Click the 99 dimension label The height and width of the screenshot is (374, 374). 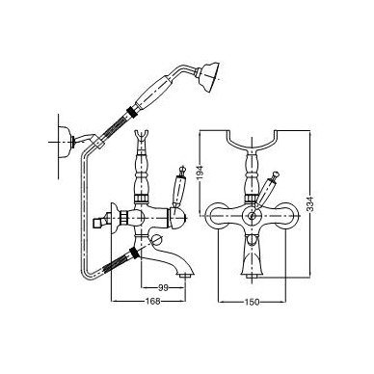[x=163, y=287]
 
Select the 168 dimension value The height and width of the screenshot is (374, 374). [x=153, y=301]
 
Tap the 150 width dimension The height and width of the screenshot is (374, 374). [x=252, y=302]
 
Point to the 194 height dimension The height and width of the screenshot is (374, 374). [x=200, y=174]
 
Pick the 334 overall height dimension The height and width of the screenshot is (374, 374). [x=309, y=203]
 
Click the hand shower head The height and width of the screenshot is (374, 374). [x=210, y=77]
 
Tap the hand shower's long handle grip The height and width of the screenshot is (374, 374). [x=152, y=92]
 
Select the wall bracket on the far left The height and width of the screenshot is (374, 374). [x=67, y=141]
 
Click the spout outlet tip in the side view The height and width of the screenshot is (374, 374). [x=185, y=276]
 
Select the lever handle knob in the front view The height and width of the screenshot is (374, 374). [x=276, y=175]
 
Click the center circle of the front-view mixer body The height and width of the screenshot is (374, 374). [x=253, y=216]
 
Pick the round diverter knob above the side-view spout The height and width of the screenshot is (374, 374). [x=157, y=239]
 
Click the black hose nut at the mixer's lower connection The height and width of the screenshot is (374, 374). [x=134, y=253]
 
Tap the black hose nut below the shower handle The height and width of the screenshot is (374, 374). [x=131, y=111]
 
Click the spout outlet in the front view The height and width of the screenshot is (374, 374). [x=252, y=275]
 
